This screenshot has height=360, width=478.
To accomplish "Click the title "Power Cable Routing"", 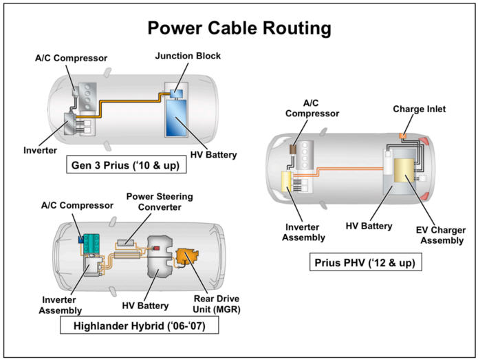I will coord(239,28).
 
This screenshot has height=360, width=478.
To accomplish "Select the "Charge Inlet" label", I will coord(420,109).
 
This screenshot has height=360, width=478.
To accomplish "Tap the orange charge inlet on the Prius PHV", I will coord(402,131).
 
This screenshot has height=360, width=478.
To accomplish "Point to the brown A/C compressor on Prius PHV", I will coord(293,148).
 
